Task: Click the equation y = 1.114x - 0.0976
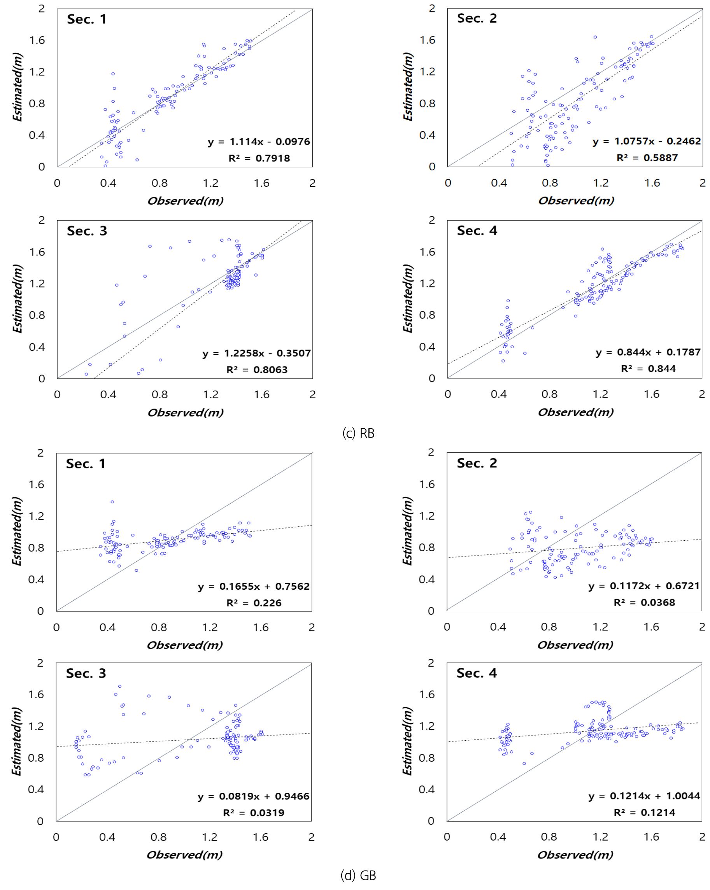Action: pyautogui.click(x=258, y=142)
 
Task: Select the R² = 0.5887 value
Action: pyautogui.click(x=647, y=158)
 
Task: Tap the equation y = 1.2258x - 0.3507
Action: pyautogui.click(x=256, y=353)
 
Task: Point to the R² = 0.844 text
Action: pyautogui.click(x=648, y=369)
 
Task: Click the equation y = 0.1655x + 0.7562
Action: pyautogui.click(x=253, y=586)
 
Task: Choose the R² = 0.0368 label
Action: pyautogui.click(x=644, y=602)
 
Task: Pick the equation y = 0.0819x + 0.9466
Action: pyautogui.click(x=253, y=796)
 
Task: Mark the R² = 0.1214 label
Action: pyautogui.click(x=644, y=812)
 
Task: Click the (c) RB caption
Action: pyautogui.click(x=358, y=433)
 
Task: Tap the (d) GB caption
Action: pyautogui.click(x=358, y=875)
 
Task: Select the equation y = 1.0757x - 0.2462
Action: pyautogui.click(x=647, y=141)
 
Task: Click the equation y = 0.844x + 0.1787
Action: pyautogui.click(x=648, y=352)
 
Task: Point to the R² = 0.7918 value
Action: pyautogui.click(x=259, y=158)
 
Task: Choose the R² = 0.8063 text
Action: pyautogui.click(x=257, y=370)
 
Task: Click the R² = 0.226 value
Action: pyautogui.click(x=253, y=603)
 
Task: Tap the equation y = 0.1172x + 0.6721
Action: pyautogui.click(x=644, y=586)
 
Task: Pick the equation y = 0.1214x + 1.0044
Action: pyautogui.click(x=644, y=795)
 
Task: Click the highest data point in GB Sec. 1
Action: pyautogui.click(x=112, y=502)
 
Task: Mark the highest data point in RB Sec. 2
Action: pyautogui.click(x=595, y=37)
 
